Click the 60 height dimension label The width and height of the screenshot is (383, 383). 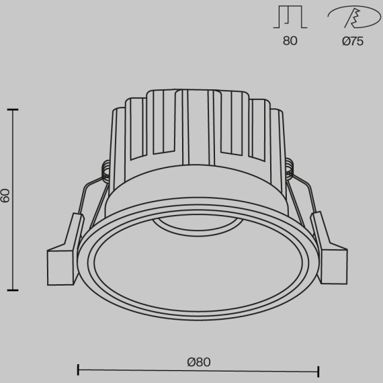(6, 196)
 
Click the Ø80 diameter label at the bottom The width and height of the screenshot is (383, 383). (199, 361)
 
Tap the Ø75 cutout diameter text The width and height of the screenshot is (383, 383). (352, 42)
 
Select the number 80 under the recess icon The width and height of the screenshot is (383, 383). (290, 42)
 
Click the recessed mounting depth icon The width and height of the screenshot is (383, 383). (290, 18)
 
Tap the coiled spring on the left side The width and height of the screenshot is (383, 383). (105, 173)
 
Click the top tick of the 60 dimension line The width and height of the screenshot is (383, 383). (12, 109)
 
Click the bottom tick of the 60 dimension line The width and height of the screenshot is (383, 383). (12, 290)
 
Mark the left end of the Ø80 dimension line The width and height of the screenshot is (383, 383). (79, 370)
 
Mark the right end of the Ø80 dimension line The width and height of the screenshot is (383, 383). (318, 370)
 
